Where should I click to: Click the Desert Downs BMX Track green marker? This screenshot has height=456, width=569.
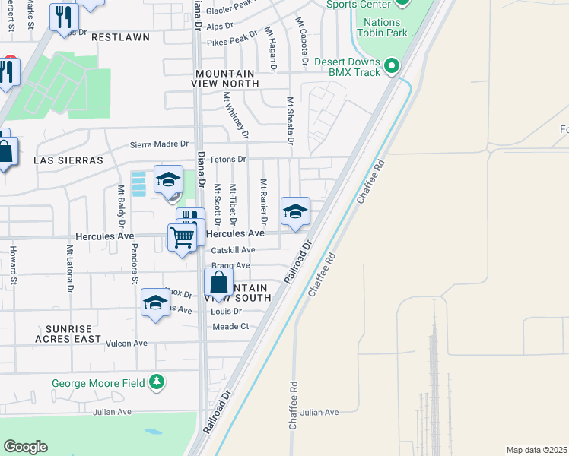tap(393, 66)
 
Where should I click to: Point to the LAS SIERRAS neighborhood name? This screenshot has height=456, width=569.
tap(68, 160)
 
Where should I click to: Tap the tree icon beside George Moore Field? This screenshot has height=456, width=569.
tap(157, 381)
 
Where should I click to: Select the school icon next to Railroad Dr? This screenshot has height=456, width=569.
tap(294, 211)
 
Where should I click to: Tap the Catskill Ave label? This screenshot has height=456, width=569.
tap(233, 250)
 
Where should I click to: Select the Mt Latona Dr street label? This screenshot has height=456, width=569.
tap(69, 269)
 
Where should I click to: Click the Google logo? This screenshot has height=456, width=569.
tap(25, 446)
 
